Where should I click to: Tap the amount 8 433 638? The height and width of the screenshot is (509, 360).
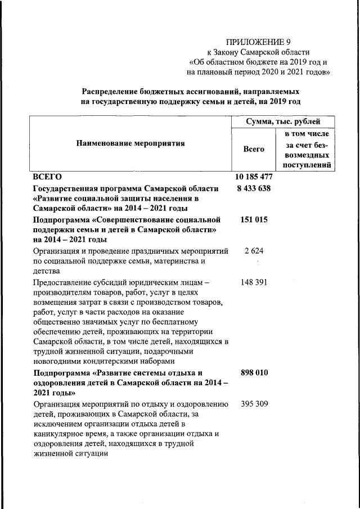pos(254,188)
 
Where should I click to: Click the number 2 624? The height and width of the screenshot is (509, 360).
pos(254,251)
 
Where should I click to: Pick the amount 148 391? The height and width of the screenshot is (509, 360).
pos(254,283)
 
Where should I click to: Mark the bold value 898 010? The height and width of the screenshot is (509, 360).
pos(254,373)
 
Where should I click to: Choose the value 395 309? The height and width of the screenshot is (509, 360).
pos(254,404)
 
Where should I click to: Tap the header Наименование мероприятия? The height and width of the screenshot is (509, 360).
pos(130,143)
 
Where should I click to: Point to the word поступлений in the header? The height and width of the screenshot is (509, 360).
pos(307,165)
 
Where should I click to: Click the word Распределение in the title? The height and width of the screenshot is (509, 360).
pos(115,91)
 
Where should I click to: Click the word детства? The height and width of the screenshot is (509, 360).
pos(47,272)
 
